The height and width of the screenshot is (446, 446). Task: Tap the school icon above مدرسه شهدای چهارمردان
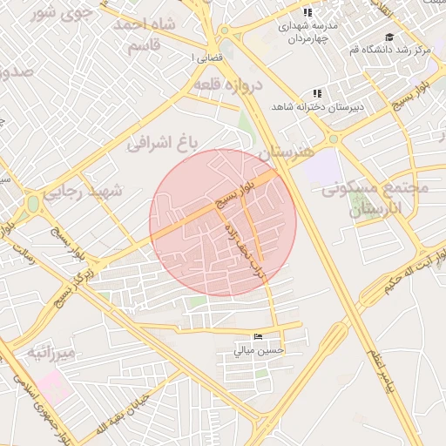point(307,12)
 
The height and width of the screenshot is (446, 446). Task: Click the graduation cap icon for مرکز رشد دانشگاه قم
point(390,37)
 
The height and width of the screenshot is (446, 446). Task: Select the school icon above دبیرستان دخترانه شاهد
point(317,93)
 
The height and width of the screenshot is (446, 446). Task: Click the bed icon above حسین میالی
point(257,337)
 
